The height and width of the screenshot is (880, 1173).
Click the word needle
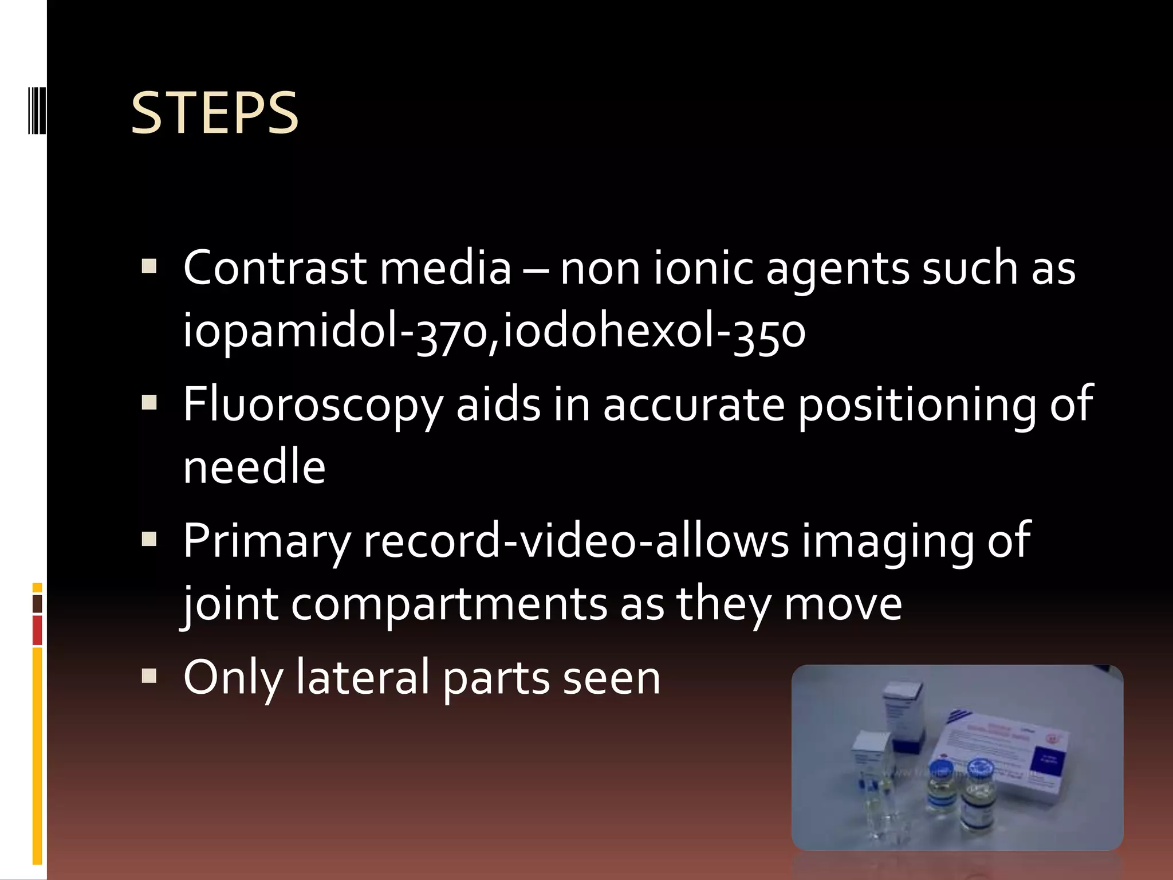point(254,467)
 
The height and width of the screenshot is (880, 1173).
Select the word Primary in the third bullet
point(267,541)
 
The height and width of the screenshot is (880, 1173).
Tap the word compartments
point(449,604)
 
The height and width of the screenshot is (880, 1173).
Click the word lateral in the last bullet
point(362,678)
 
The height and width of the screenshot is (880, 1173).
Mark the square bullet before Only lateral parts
point(149,676)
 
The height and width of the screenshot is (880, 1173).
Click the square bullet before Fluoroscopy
point(149,403)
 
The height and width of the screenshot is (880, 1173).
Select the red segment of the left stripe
point(37,630)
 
